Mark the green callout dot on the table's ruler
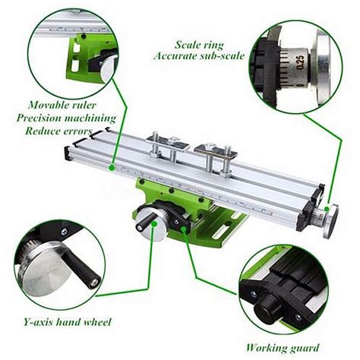(x=112, y=166)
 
